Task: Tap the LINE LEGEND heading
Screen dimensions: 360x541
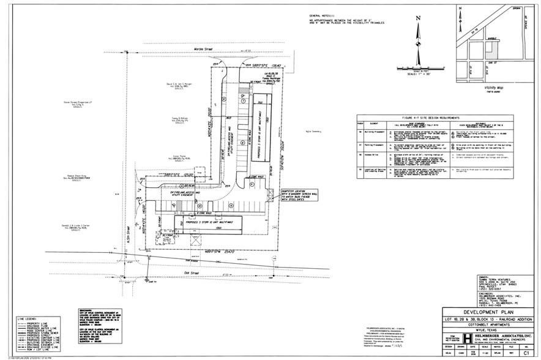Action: coord(28,318)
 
